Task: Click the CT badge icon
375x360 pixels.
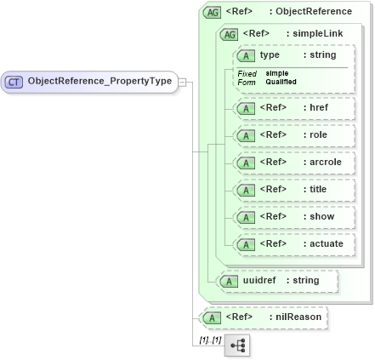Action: point(14,83)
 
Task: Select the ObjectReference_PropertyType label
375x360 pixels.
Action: point(99,82)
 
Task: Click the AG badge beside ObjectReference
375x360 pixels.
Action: point(213,12)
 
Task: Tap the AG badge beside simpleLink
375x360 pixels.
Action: point(229,34)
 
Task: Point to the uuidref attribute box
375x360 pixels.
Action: point(277,280)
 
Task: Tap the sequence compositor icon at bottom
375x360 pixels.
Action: point(237,345)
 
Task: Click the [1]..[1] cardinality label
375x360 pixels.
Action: point(209,339)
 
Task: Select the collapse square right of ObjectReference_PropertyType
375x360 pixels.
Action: point(181,83)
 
